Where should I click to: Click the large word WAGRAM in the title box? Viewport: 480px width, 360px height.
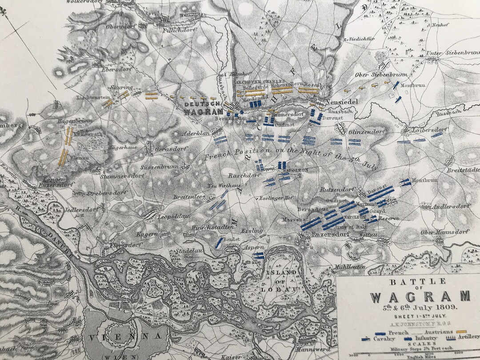420,296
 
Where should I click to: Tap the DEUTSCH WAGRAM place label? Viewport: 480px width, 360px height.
203,107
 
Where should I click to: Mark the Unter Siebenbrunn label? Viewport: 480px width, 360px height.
452,53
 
